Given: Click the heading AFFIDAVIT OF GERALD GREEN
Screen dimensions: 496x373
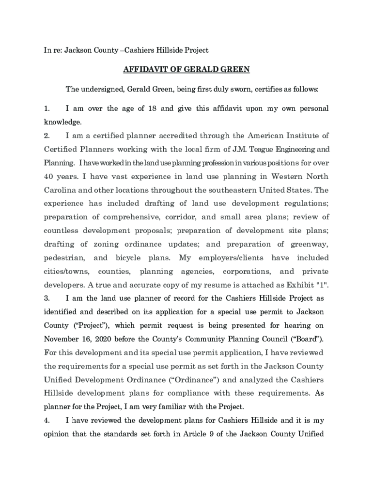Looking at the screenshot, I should pyautogui.click(x=186, y=69).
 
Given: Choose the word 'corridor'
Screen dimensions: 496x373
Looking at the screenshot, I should pyautogui.click(x=177, y=217).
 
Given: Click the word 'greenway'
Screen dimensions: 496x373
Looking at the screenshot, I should pyautogui.click(x=310, y=244).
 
